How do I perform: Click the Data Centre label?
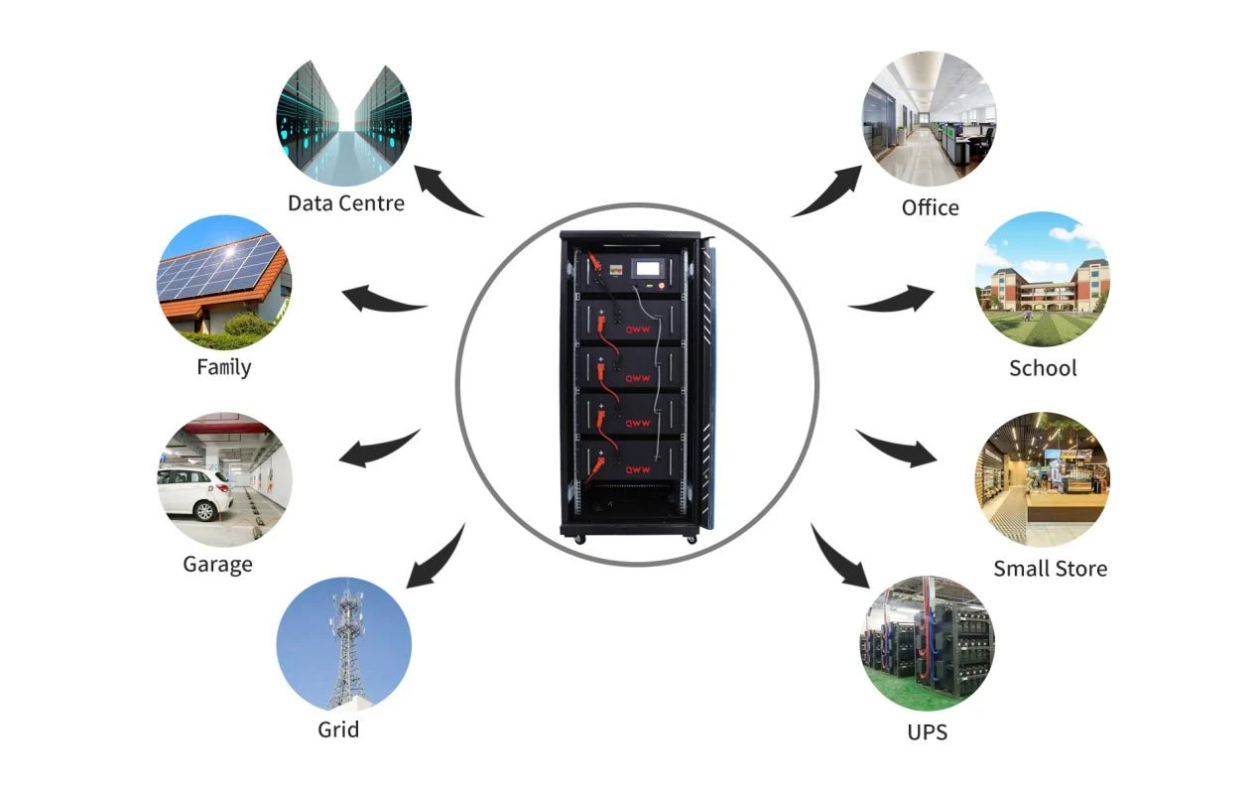(345, 203)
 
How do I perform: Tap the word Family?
(224, 368)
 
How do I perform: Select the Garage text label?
(217, 565)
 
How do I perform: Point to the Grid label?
(338, 729)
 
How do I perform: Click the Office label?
(930, 207)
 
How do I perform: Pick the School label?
(1043, 368)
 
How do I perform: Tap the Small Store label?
(1051, 569)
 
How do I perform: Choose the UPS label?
(927, 732)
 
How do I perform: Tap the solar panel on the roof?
(219, 270)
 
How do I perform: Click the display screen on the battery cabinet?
(648, 268)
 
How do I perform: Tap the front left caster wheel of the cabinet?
(580, 539)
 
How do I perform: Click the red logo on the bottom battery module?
(638, 469)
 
